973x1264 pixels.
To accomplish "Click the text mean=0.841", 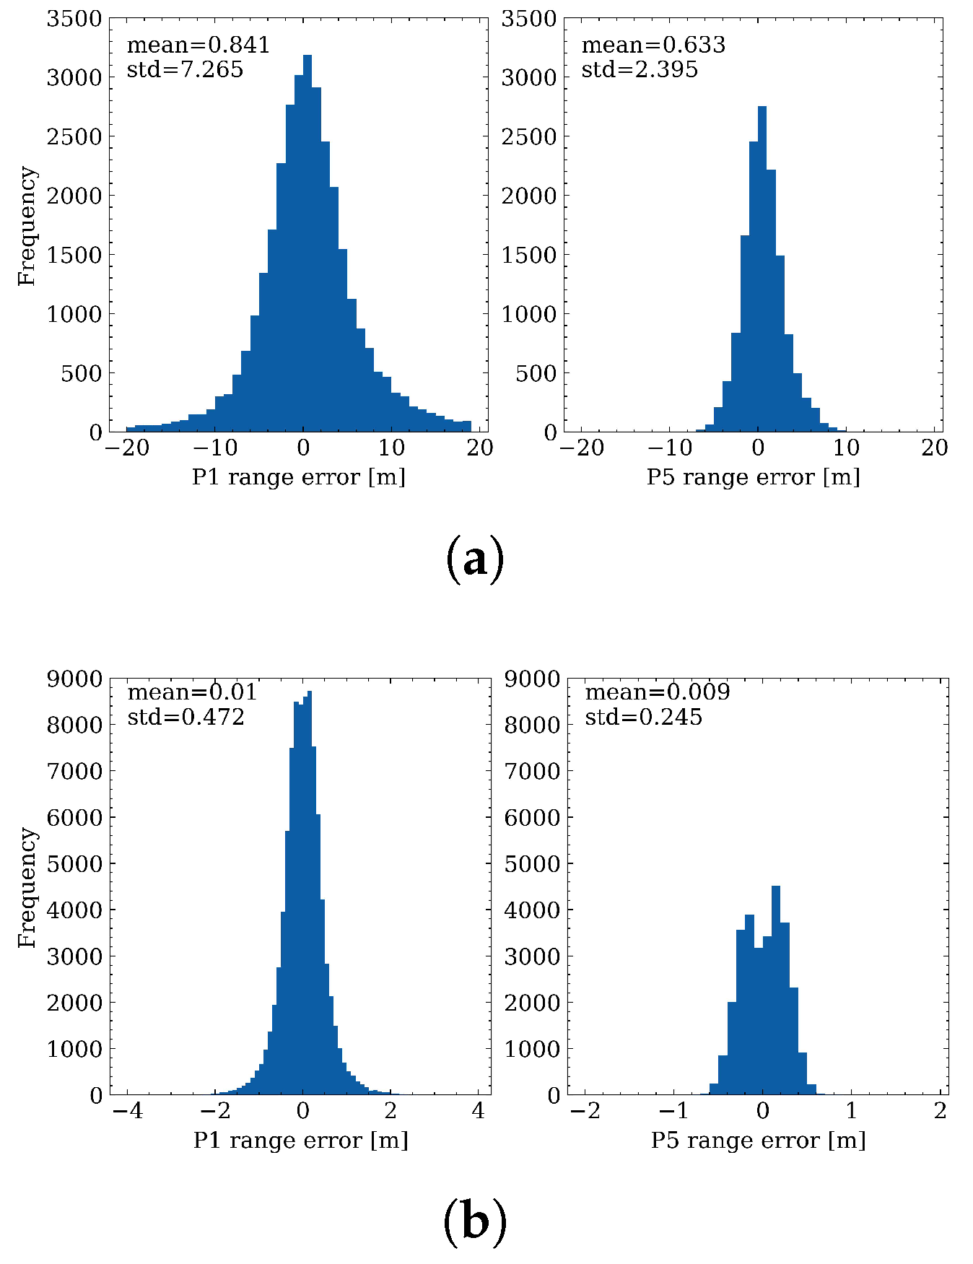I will [x=198, y=45].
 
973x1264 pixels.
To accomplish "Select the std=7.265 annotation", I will [x=185, y=69].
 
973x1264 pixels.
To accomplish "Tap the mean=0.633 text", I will [x=653, y=45].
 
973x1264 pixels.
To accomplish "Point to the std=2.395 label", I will [x=640, y=69].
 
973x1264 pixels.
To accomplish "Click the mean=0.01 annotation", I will [x=192, y=692].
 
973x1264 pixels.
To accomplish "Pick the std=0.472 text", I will [x=186, y=717].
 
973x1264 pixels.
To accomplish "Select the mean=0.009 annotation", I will [x=657, y=692].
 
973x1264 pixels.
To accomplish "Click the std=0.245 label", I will [x=643, y=717].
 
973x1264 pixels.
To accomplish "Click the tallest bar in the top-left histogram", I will [x=307, y=245].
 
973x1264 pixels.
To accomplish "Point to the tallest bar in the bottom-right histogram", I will [x=776, y=989].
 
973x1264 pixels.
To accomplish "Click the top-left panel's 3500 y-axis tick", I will [x=74, y=19].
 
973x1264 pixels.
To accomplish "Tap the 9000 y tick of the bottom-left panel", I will [x=74, y=679].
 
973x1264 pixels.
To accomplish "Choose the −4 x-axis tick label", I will [x=127, y=1110].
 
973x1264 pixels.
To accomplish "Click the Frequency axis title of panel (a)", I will [x=27, y=225].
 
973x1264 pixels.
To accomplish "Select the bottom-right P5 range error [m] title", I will [x=758, y=1140].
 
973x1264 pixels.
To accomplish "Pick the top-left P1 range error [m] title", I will [x=298, y=477].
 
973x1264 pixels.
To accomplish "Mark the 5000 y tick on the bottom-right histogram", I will [x=533, y=863].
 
